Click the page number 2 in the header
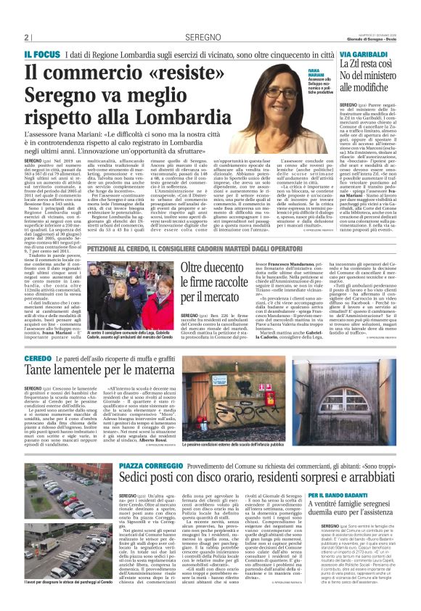click(26, 37)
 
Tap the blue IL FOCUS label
click(41, 54)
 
